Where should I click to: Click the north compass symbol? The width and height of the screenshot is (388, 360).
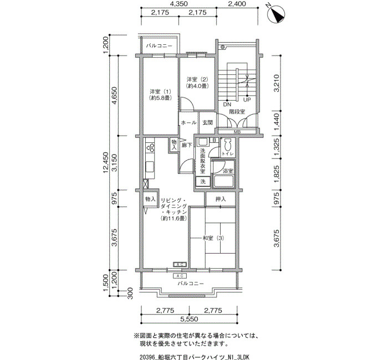click(x=277, y=14)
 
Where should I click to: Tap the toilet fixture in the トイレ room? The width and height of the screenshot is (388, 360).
click(x=227, y=145)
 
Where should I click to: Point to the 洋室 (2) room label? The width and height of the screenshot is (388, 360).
click(x=197, y=80)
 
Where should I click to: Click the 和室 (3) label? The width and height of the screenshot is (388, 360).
click(x=213, y=238)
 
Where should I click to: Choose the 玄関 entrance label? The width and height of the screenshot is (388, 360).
click(x=208, y=122)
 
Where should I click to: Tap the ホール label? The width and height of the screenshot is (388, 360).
click(x=189, y=122)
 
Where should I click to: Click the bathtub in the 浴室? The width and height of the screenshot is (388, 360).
click(x=223, y=182)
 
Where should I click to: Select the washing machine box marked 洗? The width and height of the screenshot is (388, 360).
click(x=203, y=182)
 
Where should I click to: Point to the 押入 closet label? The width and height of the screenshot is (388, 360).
click(x=221, y=199)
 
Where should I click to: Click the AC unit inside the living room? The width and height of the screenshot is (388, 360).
click(x=180, y=265)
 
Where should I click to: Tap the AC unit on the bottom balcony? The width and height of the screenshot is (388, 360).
click(x=180, y=276)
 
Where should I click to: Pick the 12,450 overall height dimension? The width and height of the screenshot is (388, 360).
click(x=106, y=162)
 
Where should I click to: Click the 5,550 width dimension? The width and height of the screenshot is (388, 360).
click(x=189, y=319)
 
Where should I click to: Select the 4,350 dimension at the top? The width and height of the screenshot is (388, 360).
click(x=178, y=4)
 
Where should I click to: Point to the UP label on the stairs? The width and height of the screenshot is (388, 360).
click(x=247, y=100)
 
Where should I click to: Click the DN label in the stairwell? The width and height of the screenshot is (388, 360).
click(x=227, y=104)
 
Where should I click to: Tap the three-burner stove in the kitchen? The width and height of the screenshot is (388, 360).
click(x=150, y=148)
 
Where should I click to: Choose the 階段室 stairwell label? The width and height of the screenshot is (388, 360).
click(x=237, y=111)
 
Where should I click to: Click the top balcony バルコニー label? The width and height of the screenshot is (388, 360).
click(x=159, y=46)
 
